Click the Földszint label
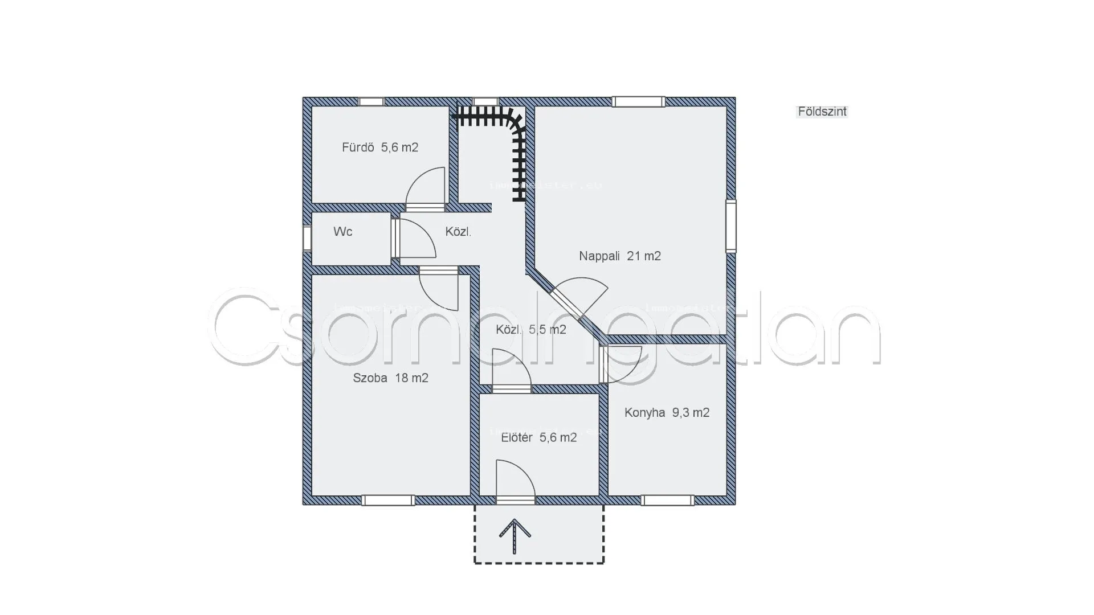(822, 112)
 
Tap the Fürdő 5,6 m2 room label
(380, 147)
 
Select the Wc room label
(343, 232)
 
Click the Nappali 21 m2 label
(620, 256)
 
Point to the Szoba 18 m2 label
(390, 378)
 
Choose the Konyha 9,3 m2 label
(667, 413)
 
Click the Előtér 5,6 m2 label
(538, 437)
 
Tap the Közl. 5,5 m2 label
(530, 330)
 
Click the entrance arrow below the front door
(515, 536)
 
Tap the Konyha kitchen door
(621, 363)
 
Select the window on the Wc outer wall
(307, 238)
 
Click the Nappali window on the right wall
(730, 225)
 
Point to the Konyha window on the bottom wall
(668, 500)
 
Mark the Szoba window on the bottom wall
(388, 500)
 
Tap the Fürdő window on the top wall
(371, 101)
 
